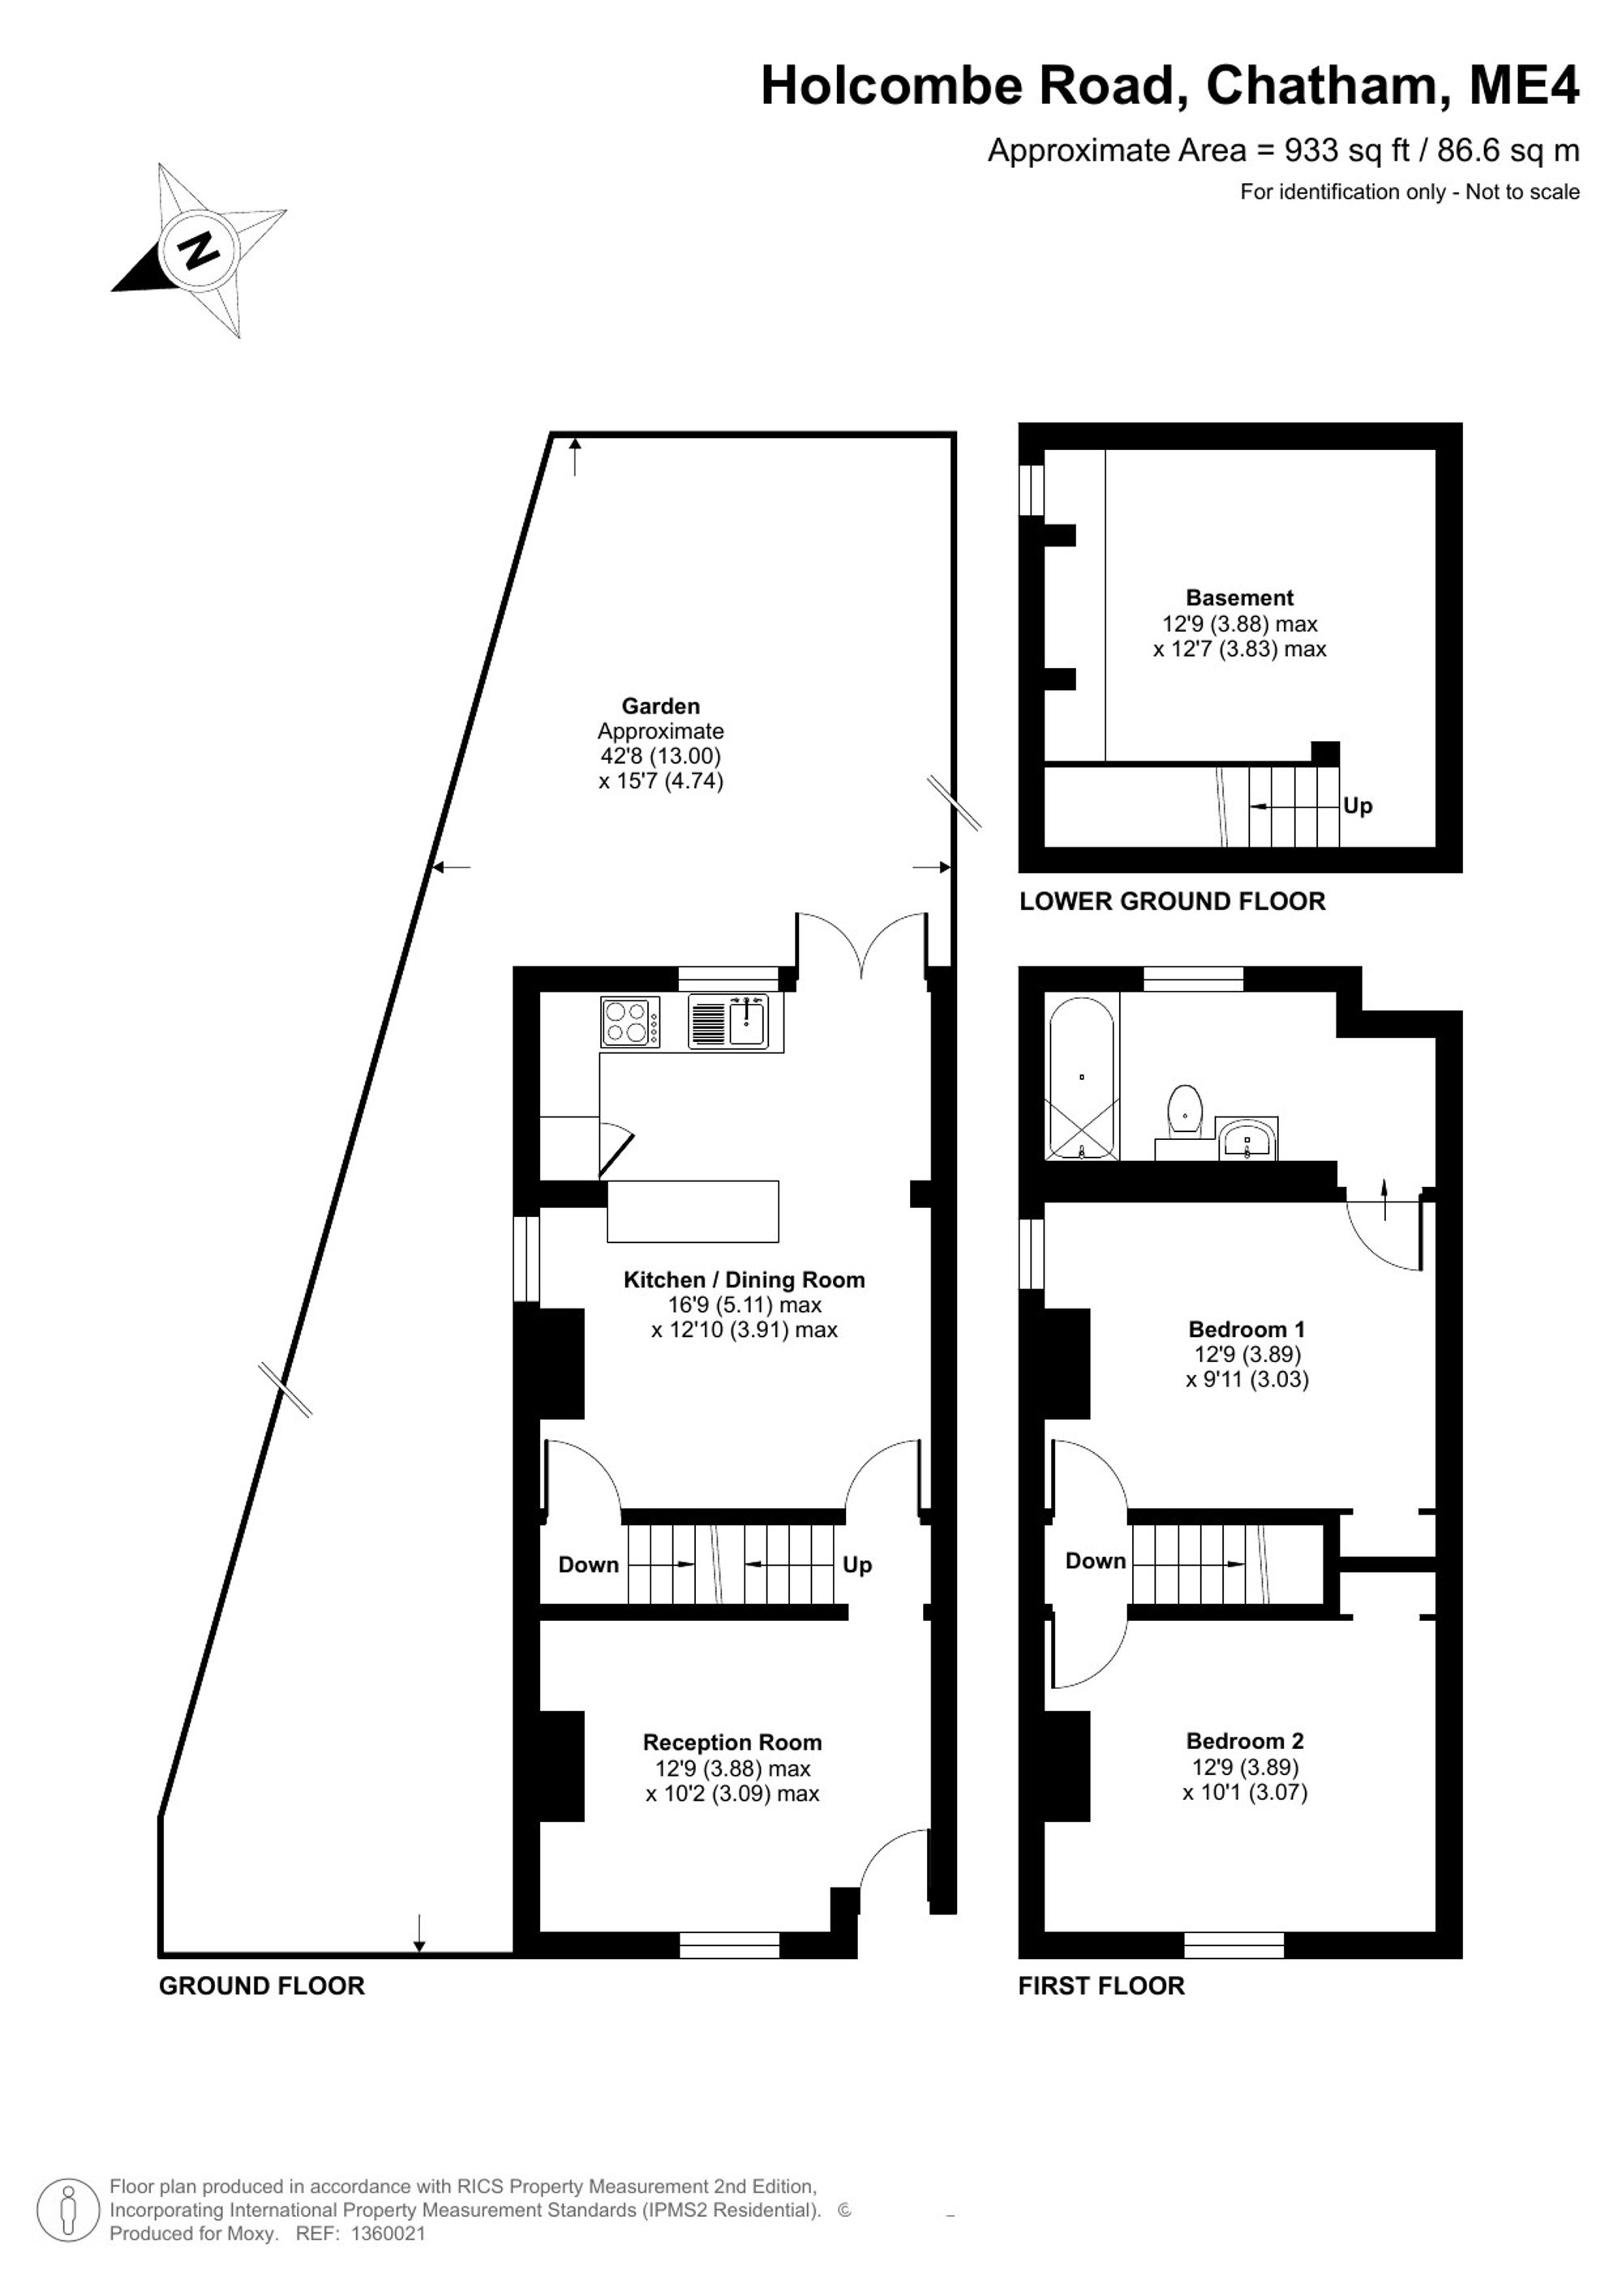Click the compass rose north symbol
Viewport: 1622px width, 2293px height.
[199, 249]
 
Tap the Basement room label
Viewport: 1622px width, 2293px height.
[1239, 598]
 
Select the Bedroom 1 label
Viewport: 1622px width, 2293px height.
[1247, 1328]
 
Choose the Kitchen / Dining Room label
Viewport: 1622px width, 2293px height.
[744, 1279]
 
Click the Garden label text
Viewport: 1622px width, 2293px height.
[660, 706]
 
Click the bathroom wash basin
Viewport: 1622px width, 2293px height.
[1247, 1138]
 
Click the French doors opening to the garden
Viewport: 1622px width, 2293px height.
[862, 942]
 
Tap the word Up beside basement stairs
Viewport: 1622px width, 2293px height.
[1358, 805]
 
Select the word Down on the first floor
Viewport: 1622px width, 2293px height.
[1096, 1560]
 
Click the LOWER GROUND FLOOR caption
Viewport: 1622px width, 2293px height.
[1173, 901]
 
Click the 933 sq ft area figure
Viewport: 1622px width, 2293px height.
[1346, 150]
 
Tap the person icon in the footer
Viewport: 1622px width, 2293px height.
[68, 2209]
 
